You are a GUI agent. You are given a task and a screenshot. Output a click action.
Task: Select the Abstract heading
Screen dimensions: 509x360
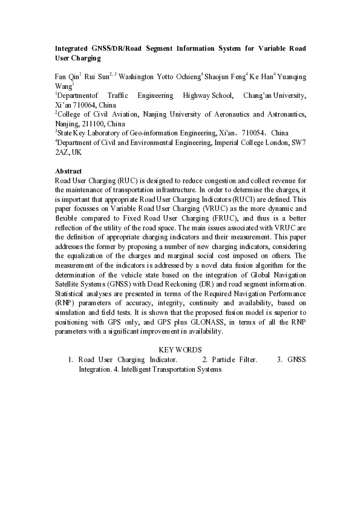coord(68,171)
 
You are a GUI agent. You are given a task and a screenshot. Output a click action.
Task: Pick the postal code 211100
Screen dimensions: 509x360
coord(92,123)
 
